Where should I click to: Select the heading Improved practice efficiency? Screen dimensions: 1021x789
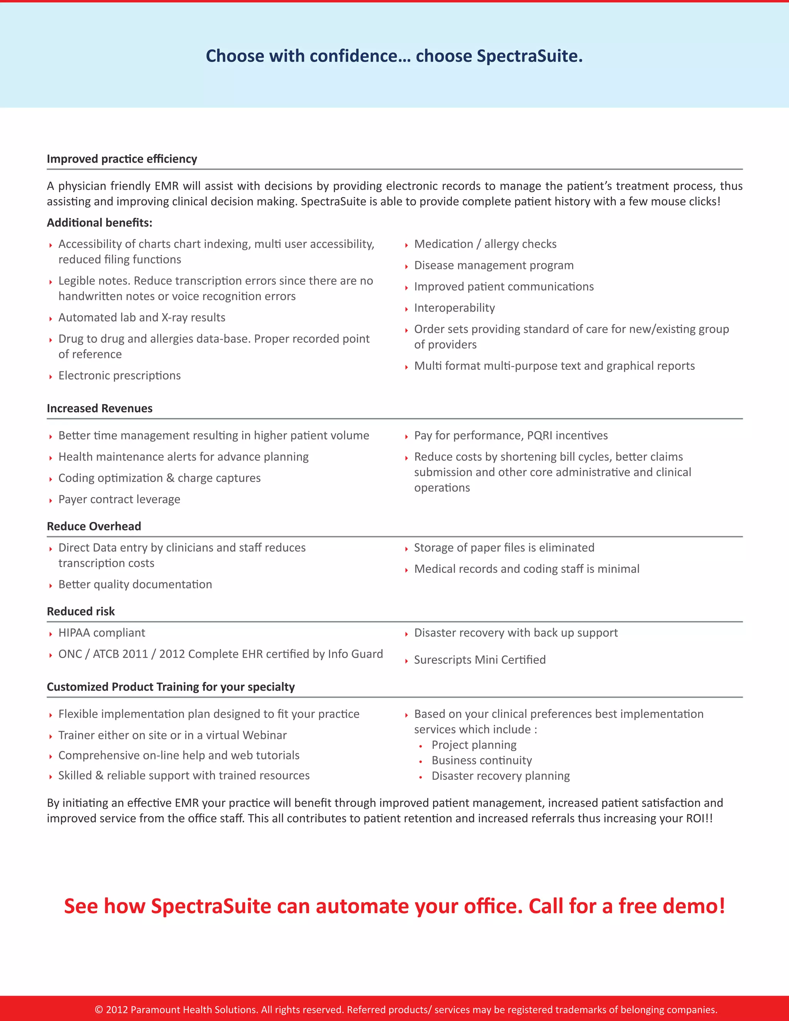[122, 159]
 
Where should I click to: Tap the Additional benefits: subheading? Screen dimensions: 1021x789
[99, 223]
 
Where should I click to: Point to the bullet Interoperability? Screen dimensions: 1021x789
[454, 307]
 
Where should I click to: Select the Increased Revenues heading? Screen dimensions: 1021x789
[99, 408]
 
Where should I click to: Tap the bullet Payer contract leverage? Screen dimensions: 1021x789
[119, 499]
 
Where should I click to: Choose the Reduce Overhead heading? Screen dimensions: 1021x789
[94, 526]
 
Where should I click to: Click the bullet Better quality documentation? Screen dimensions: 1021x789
[135, 584]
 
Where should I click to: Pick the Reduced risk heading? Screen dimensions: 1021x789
[81, 611]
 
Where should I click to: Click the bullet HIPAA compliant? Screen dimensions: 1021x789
[101, 633]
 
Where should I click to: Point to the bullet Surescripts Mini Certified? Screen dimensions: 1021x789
[480, 660]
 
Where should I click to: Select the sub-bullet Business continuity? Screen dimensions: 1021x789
[482, 760]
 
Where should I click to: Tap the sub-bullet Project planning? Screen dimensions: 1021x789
[474, 745]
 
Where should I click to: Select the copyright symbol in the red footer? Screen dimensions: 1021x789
[99, 1009]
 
